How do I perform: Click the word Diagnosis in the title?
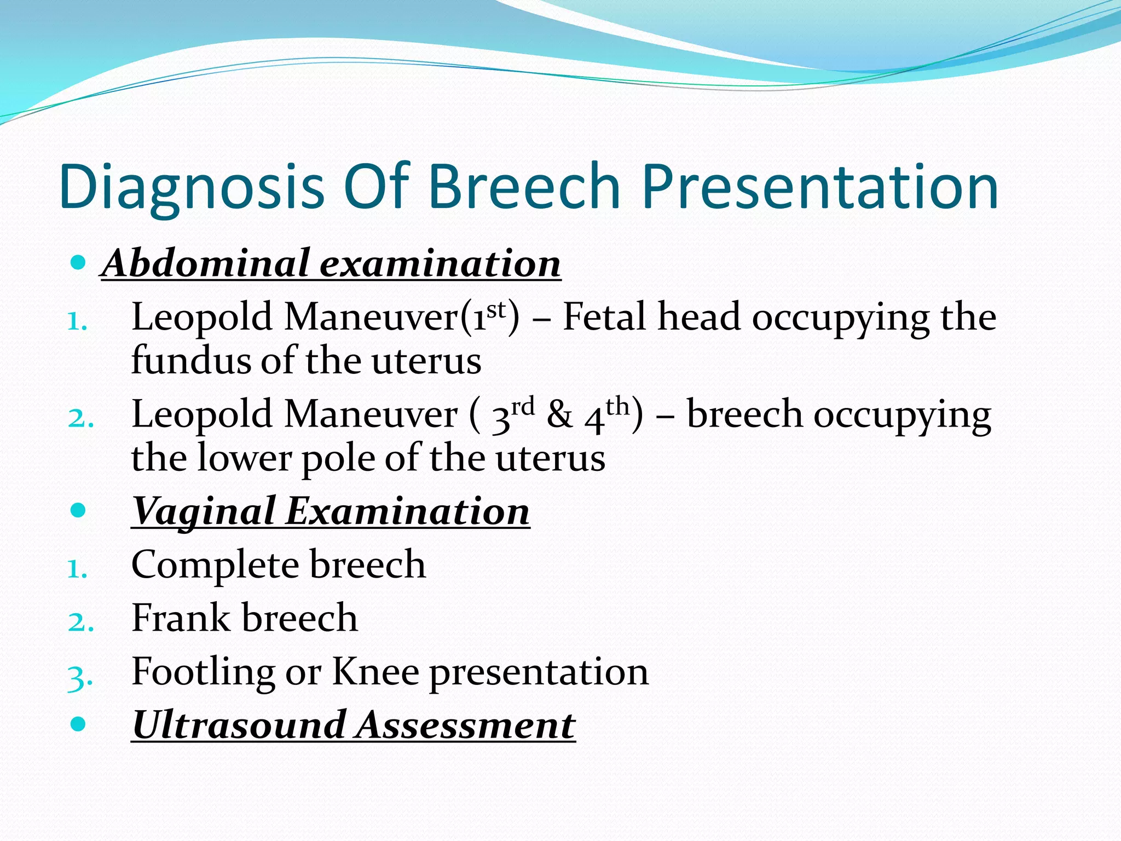tap(192, 187)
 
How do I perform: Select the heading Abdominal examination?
tap(331, 263)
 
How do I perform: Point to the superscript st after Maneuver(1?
tap(496, 309)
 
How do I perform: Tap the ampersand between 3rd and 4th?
tap(559, 415)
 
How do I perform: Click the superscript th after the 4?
tap(617, 406)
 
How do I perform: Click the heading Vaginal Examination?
tap(331, 511)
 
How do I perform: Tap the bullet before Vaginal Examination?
tap(79, 511)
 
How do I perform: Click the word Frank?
tap(181, 618)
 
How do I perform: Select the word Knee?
tap(375, 671)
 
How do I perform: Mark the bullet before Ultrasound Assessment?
tap(79, 724)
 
